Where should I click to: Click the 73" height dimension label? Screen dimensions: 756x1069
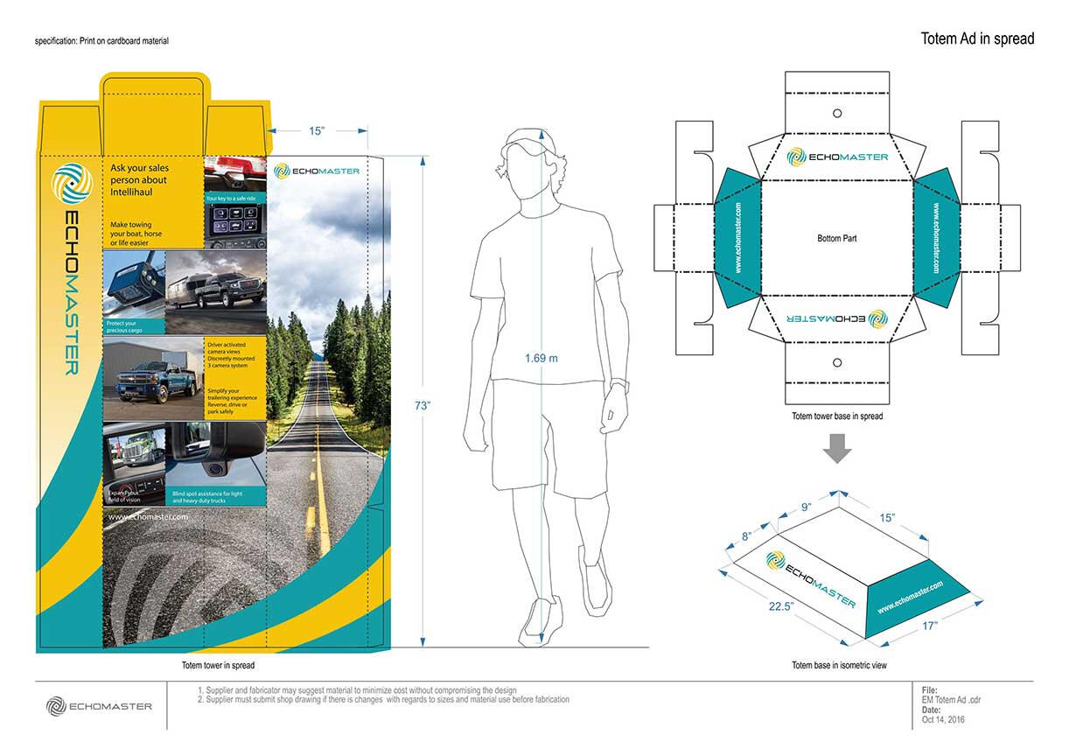(423, 405)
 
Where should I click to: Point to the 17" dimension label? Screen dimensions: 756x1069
(928, 626)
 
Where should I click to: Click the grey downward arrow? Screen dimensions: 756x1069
(838, 450)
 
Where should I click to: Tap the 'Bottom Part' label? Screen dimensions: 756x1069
(836, 238)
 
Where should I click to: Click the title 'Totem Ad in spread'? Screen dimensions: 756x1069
(976, 38)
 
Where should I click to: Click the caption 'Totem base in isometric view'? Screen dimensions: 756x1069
(839, 666)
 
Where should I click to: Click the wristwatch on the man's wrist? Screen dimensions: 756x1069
(619, 384)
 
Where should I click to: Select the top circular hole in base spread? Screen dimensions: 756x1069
(837, 113)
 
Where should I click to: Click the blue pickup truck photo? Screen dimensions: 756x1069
(153, 381)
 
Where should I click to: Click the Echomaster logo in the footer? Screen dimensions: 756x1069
(99, 706)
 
